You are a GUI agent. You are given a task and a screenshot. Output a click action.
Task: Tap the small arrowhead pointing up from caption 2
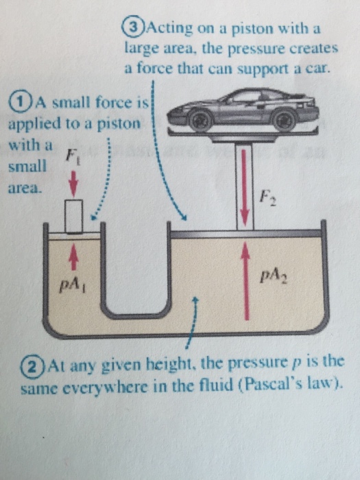tap(197, 300)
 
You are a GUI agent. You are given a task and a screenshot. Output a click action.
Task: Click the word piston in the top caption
tap(266, 30)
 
